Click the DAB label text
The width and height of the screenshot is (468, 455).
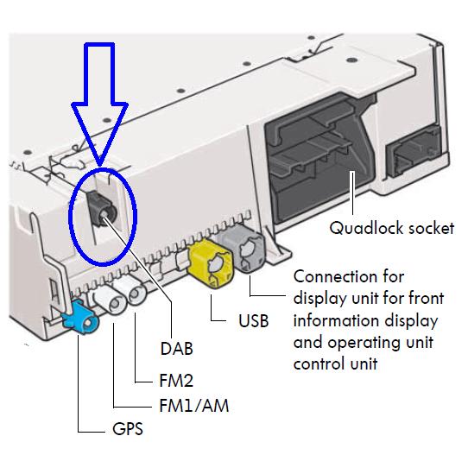(x=177, y=349)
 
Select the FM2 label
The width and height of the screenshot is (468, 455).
(x=176, y=381)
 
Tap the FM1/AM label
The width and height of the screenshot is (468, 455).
(x=194, y=406)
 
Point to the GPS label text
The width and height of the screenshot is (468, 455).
(x=128, y=429)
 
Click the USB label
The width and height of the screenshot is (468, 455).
(x=253, y=321)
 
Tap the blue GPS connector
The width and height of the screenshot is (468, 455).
(x=80, y=318)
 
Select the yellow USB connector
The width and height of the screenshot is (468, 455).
(x=211, y=262)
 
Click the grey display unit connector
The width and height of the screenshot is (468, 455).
(x=245, y=249)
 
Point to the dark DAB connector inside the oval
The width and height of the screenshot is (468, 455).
(x=102, y=210)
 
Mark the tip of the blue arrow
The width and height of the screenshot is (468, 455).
(x=100, y=165)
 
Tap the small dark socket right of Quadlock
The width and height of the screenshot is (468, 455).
(x=414, y=154)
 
